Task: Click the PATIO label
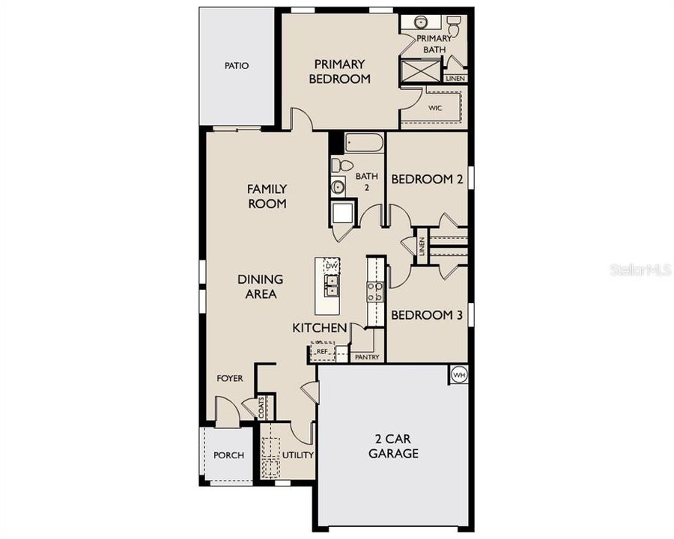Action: [237, 66]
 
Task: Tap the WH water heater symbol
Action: [458, 375]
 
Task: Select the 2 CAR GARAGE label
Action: [393, 446]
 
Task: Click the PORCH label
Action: [228, 455]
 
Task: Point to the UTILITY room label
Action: [298, 454]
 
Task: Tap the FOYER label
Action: [230, 378]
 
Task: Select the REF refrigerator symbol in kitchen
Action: [322, 351]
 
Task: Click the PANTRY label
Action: [368, 357]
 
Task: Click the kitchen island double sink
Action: [332, 286]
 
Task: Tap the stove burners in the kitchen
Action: [374, 291]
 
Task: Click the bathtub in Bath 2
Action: [364, 143]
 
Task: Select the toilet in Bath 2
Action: [342, 165]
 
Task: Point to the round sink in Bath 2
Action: [338, 187]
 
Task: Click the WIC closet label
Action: [435, 108]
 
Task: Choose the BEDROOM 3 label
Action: [427, 315]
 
